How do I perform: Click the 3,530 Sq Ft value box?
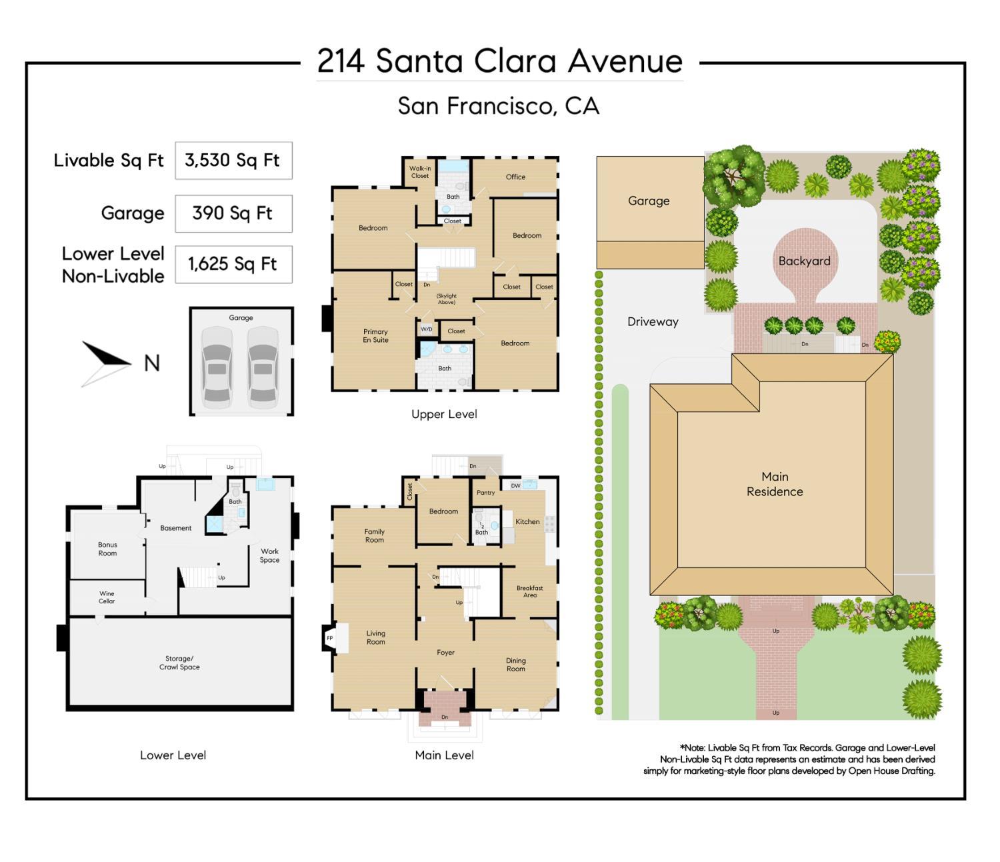pyautogui.click(x=233, y=160)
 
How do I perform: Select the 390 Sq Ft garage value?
pyautogui.click(x=233, y=213)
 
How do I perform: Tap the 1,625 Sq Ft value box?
pyautogui.click(x=233, y=264)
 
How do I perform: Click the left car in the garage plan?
pyautogui.click(x=217, y=367)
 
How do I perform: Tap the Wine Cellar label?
pyautogui.click(x=107, y=597)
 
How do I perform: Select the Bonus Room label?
pyautogui.click(x=107, y=549)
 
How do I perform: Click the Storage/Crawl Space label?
pyautogui.click(x=179, y=663)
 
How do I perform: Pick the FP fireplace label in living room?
pyautogui.click(x=329, y=638)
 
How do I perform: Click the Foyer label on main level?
pyautogui.click(x=445, y=653)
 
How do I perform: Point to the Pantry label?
pyautogui.click(x=485, y=493)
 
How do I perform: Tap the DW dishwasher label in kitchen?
pyautogui.click(x=515, y=486)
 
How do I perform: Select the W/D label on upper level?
pyautogui.click(x=426, y=329)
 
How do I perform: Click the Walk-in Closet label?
pyautogui.click(x=420, y=172)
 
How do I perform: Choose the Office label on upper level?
pyautogui.click(x=515, y=177)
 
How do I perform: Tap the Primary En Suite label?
pyautogui.click(x=375, y=335)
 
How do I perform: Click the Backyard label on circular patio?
pyautogui.click(x=804, y=261)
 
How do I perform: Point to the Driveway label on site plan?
pyautogui.click(x=653, y=321)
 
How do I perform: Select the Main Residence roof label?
pyautogui.click(x=775, y=484)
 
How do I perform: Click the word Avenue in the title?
pyautogui.click(x=625, y=61)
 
